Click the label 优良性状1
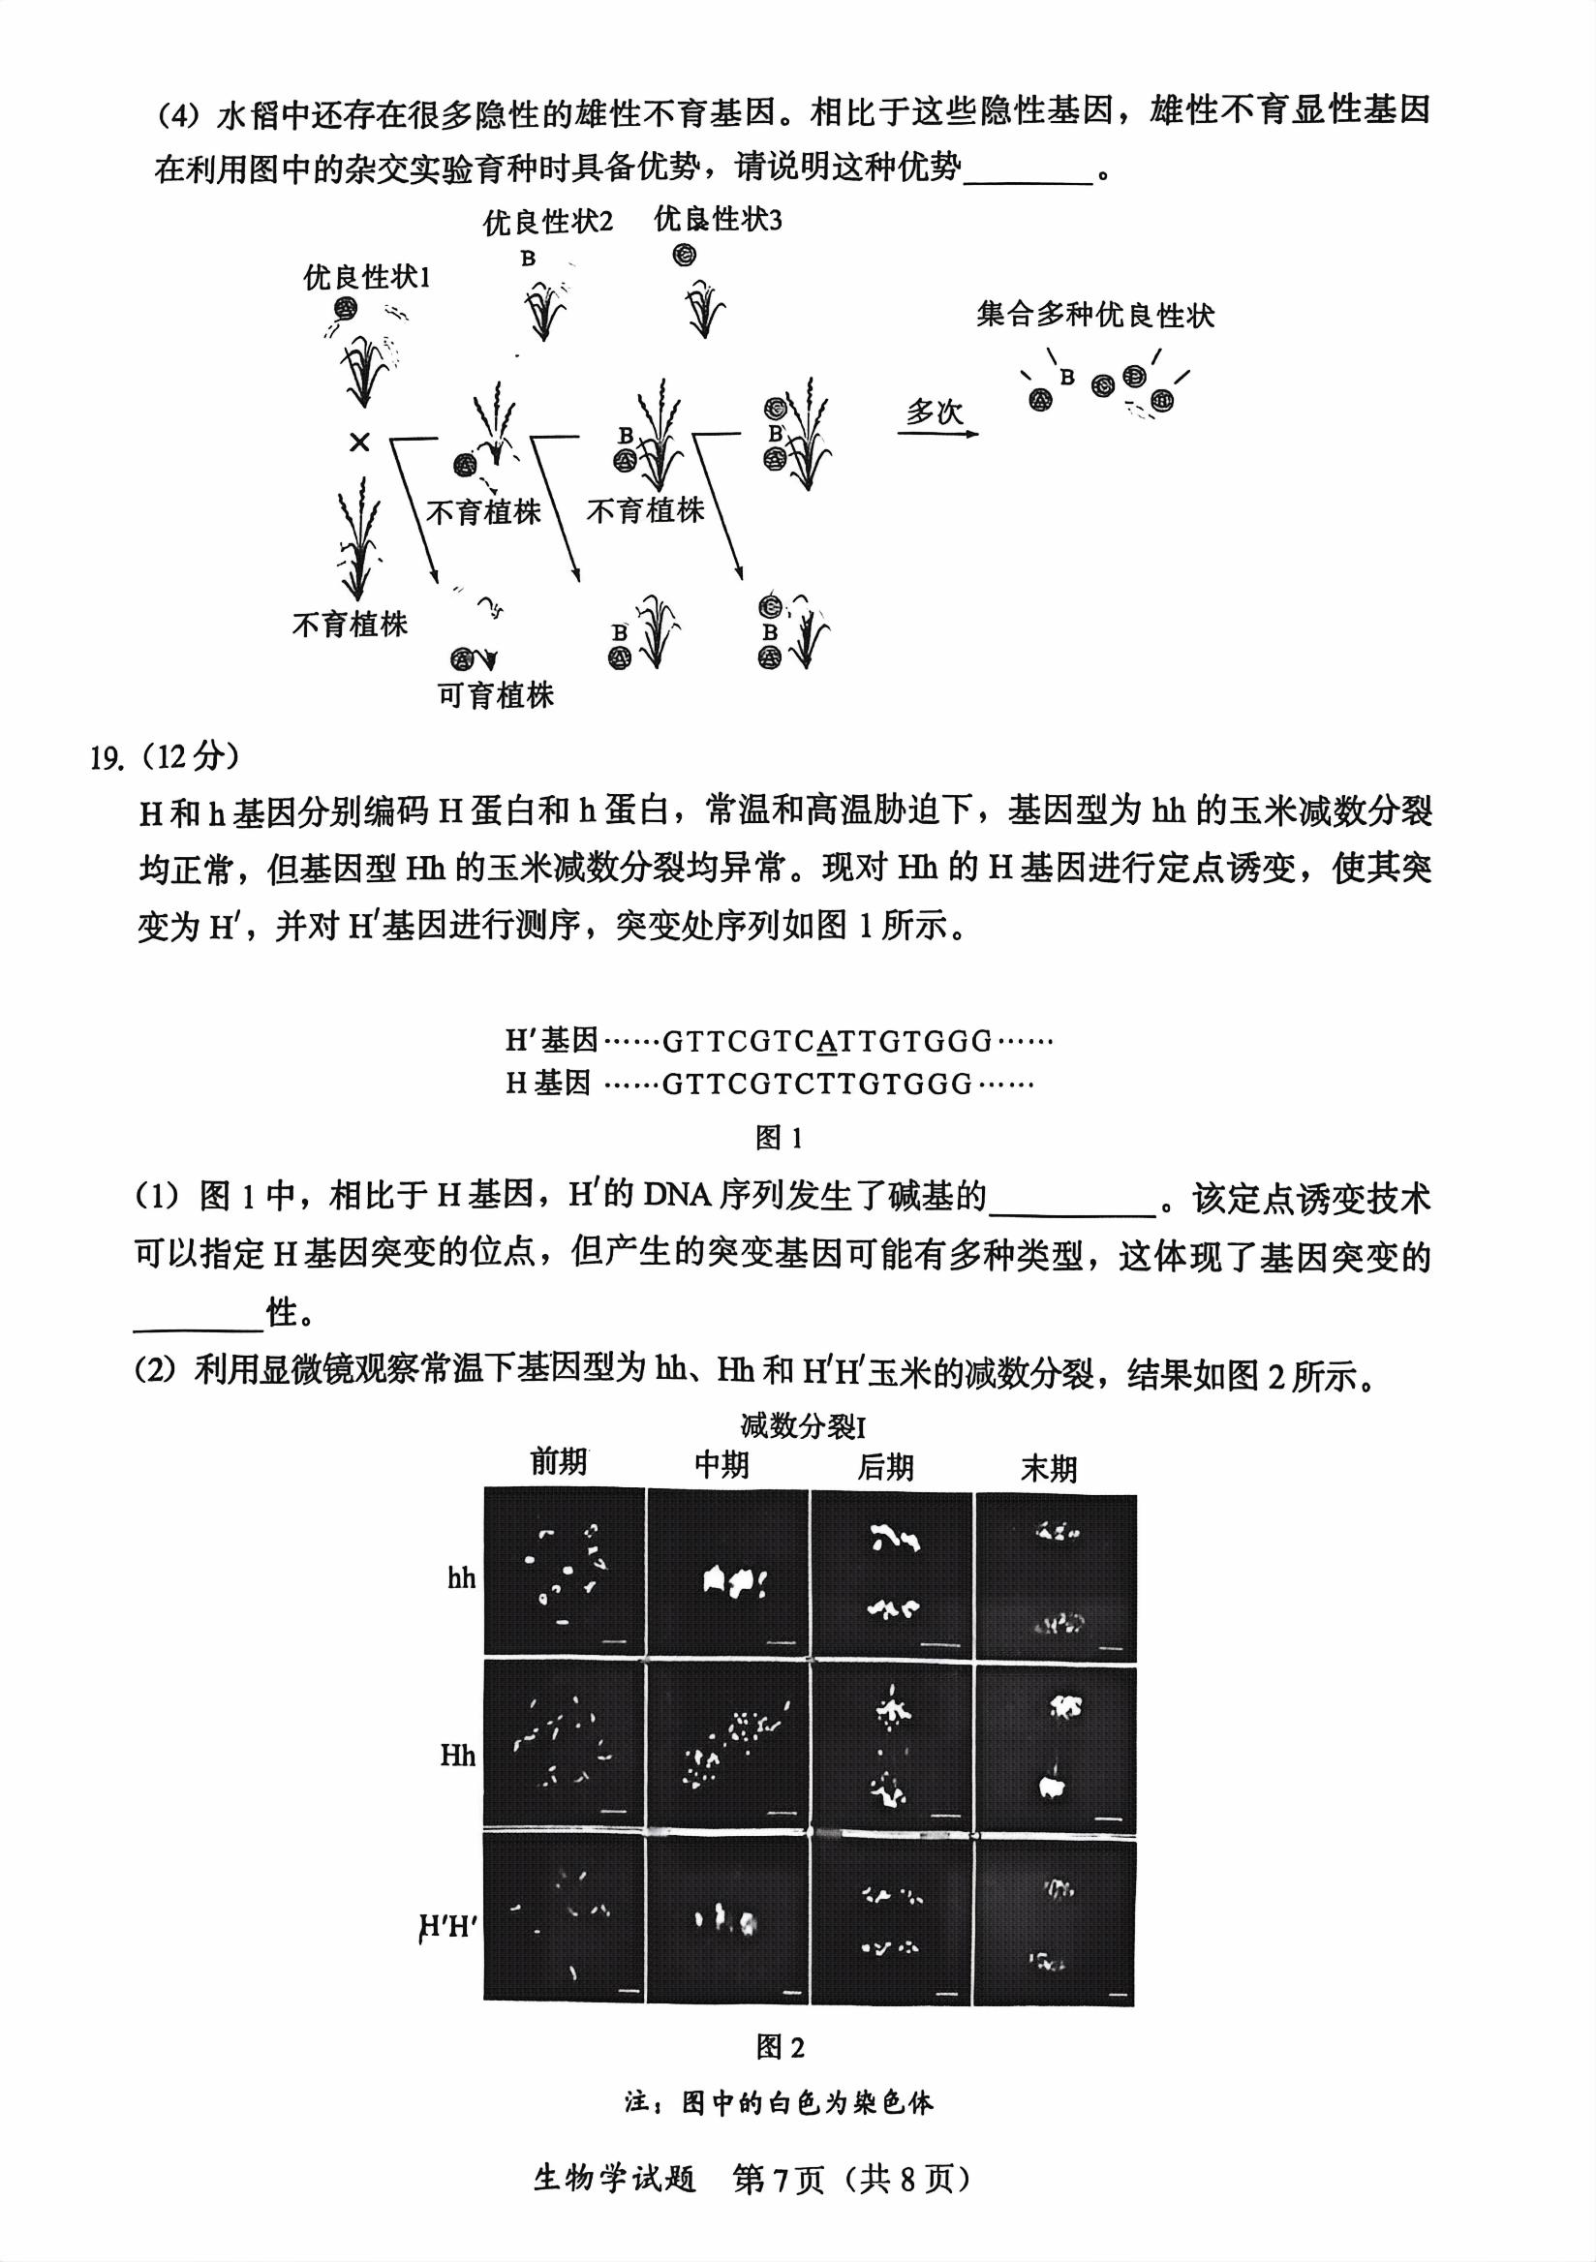366,278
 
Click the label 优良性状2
547,223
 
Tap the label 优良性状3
718,220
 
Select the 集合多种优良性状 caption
1094,316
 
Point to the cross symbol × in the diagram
359,443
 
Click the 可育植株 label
496,695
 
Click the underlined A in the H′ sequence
827,1041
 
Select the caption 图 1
779,1139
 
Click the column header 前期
559,1462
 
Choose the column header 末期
1048,1469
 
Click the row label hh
461,1578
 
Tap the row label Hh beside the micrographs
458,1755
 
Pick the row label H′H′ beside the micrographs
448,1928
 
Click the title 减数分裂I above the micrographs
803,1425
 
